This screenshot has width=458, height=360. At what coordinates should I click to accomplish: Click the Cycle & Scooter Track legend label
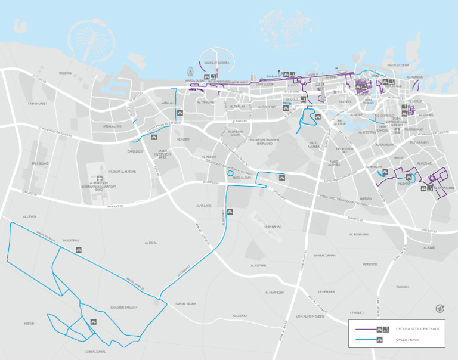pyautogui.click(x=417, y=329)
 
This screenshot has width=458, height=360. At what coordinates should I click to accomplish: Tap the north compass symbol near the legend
pyautogui.click(x=440, y=308)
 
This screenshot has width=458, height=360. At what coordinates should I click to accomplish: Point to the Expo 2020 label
pyautogui.click(x=135, y=151)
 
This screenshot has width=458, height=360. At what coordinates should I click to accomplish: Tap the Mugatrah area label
pyautogui.click(x=71, y=240)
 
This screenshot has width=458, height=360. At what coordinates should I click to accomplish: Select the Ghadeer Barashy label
pyautogui.click(x=124, y=307)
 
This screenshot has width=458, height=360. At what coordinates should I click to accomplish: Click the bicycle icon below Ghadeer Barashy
pyautogui.click(x=93, y=322)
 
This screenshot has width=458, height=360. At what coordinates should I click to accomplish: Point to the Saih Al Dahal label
pyautogui.click(x=95, y=351)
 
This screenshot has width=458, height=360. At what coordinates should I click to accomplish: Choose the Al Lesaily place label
pyautogui.click(x=239, y=316)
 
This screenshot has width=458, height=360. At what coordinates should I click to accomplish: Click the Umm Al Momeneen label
pyautogui.click(x=310, y=316)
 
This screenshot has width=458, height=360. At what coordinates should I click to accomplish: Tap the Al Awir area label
pyautogui.click(x=429, y=247)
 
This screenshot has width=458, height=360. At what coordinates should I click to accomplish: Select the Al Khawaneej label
pyautogui.click(x=443, y=188)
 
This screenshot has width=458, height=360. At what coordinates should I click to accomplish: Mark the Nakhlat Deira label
pyautogui.click(x=398, y=65)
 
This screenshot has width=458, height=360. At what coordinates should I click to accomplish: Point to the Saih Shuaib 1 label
pyautogui.click(x=37, y=103)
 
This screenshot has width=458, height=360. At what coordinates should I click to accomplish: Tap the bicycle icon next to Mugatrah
pyautogui.click(x=77, y=249)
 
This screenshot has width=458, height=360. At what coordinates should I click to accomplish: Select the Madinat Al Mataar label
pyautogui.click(x=122, y=172)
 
